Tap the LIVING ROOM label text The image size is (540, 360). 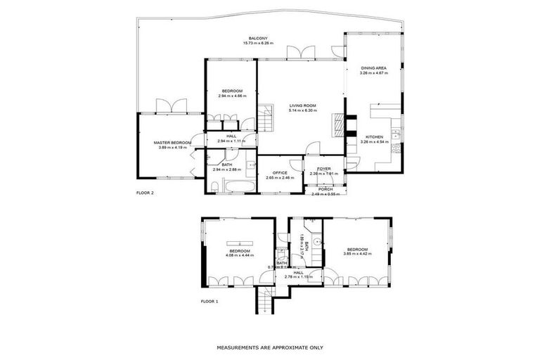click(303, 106)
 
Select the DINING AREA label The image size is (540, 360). click(372, 68)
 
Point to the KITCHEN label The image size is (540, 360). click(373, 136)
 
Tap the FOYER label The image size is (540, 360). click(324, 168)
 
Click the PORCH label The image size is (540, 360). click(325, 189)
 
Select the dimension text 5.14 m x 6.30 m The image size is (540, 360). click(303, 111)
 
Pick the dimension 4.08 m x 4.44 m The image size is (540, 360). click(240, 255)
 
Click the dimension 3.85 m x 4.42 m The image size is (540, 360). click(357, 254)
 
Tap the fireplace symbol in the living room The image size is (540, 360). click(340, 125)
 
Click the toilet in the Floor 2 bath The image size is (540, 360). click(213, 187)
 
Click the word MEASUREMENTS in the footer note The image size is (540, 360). click(240, 347)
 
